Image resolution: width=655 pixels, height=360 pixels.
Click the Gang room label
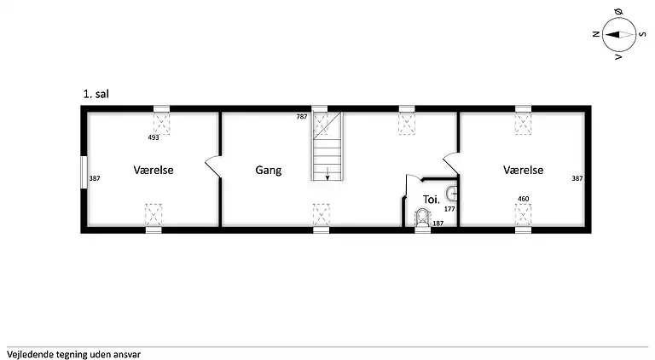268,171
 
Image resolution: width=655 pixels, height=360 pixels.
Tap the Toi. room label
431,200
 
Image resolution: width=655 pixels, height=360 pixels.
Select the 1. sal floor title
96,94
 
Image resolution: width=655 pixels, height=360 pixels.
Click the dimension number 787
302,117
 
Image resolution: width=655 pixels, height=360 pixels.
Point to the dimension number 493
154,137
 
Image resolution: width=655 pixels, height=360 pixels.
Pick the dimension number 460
524,199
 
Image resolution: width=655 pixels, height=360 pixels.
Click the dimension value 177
449,209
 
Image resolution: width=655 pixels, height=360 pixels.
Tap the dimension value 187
438,224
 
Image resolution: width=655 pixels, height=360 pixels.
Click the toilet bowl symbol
422,218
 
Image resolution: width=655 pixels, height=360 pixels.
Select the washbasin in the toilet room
451,194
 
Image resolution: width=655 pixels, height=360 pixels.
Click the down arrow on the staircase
327,173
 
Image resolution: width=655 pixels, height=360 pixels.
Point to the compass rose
619,35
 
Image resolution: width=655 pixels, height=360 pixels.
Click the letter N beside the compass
596,34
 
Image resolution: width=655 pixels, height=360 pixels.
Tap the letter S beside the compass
643,34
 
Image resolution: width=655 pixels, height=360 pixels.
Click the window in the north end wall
84,172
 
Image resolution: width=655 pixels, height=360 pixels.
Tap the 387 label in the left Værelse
95,178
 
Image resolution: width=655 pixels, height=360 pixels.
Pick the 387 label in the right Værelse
577,178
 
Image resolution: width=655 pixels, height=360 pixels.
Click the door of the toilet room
412,177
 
